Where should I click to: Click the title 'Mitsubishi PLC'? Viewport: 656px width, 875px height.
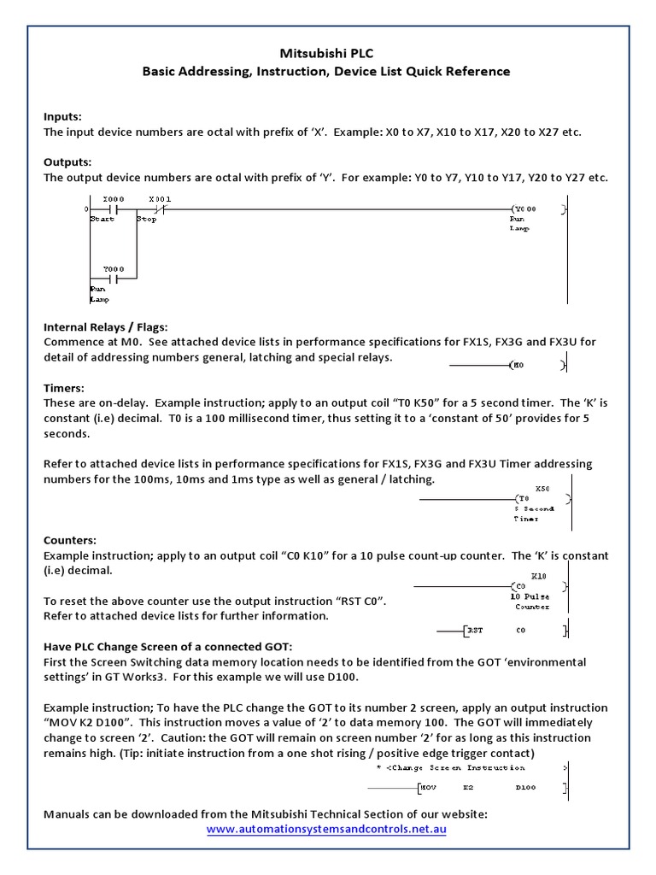point(326,52)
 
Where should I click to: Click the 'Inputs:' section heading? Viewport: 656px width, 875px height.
point(63,116)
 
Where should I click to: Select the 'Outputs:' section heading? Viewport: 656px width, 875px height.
point(67,162)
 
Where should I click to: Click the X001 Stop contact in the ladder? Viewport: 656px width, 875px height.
point(159,208)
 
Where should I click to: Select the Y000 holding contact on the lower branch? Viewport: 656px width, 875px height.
point(114,278)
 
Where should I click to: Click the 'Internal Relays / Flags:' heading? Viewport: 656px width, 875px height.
point(106,326)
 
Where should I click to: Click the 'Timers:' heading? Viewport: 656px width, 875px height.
point(63,388)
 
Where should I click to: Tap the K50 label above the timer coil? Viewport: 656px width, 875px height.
point(542,488)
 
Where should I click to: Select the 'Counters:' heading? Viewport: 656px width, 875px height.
point(70,540)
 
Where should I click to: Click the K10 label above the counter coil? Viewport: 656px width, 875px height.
point(538,576)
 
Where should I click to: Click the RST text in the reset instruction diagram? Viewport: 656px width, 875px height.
point(475,631)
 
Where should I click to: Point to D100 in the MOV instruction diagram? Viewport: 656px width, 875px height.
point(525,787)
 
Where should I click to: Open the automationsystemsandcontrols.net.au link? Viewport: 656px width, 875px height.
point(326,829)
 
